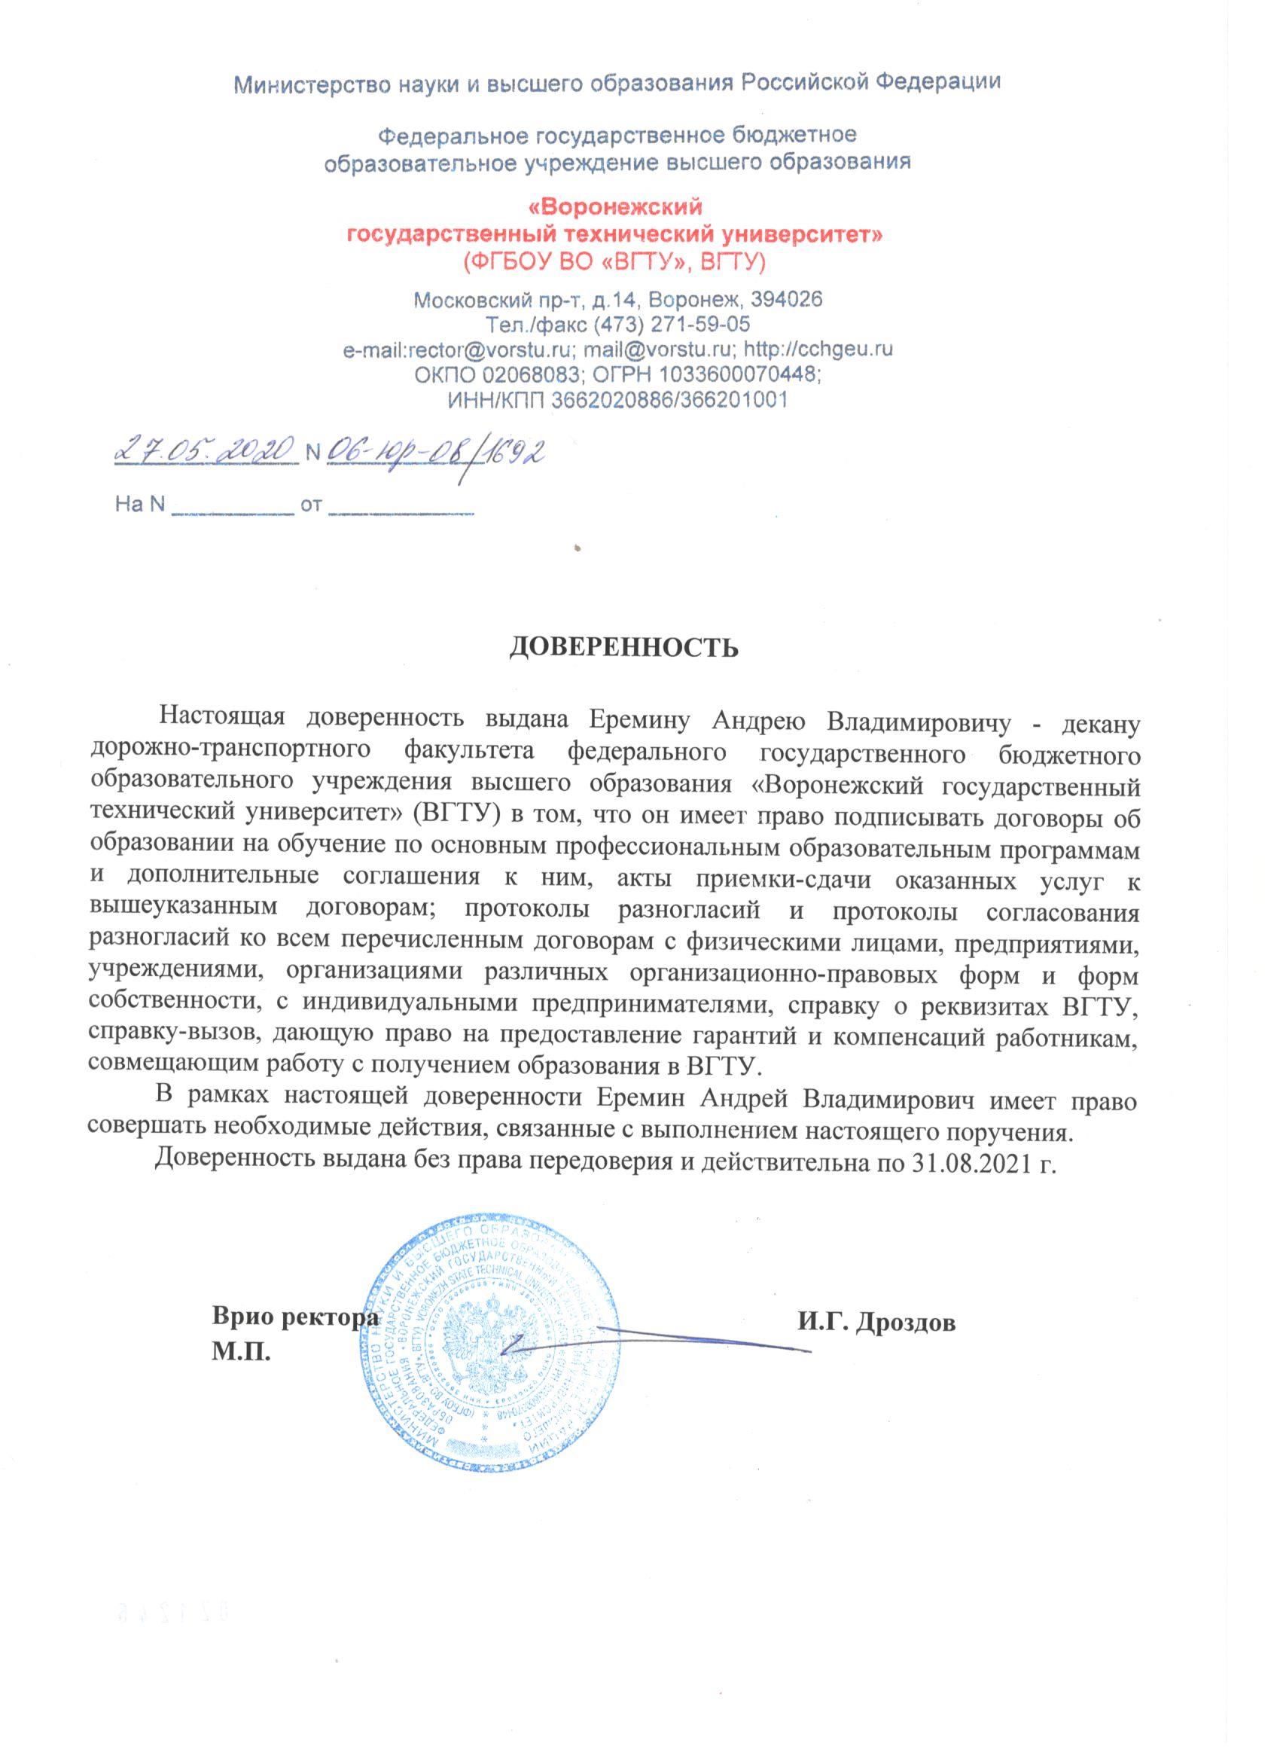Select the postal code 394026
tap(787, 299)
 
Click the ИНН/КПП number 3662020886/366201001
tap(669, 399)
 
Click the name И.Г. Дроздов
tap(875, 1323)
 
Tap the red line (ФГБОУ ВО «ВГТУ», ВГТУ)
tap(614, 263)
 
